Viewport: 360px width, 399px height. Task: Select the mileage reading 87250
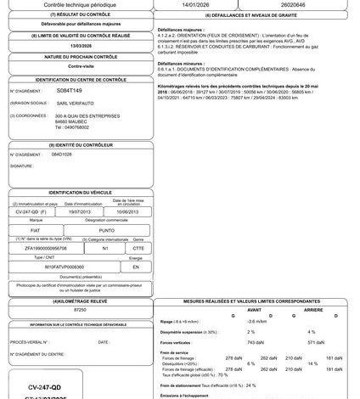pyautogui.click(x=80, y=312)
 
